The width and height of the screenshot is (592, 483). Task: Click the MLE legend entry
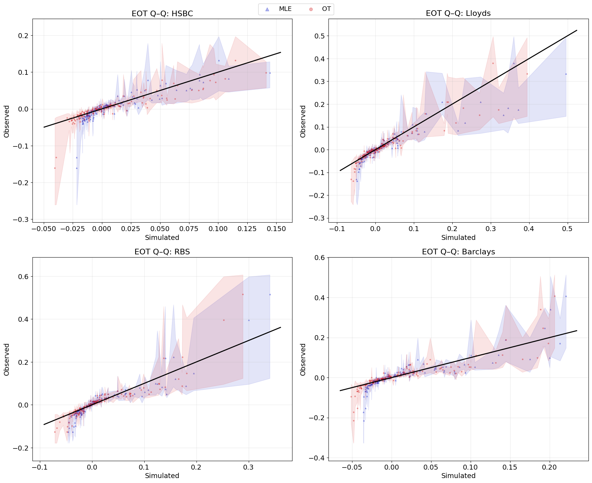(x=279, y=9)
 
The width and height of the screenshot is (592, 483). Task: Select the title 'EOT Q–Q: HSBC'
(x=162, y=14)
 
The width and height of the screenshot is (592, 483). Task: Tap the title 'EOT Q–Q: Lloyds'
(x=458, y=13)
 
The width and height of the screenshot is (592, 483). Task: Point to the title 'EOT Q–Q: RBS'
(x=162, y=252)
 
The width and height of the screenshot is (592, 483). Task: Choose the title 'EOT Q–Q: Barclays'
(x=458, y=252)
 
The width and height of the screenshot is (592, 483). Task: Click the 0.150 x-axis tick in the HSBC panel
(x=276, y=229)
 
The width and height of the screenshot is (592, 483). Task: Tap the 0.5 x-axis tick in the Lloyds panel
(x=567, y=229)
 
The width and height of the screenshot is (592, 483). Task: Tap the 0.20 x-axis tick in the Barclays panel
(x=549, y=467)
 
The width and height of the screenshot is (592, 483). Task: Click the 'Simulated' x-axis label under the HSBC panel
(x=162, y=237)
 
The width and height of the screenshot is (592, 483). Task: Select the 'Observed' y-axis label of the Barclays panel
(x=303, y=360)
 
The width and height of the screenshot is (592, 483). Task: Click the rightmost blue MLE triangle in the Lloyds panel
(x=566, y=74)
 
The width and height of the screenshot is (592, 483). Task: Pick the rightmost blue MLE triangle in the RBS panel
(x=270, y=294)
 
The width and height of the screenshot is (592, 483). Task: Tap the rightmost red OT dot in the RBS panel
(x=243, y=294)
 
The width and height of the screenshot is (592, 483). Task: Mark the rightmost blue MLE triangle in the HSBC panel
(x=270, y=73)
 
